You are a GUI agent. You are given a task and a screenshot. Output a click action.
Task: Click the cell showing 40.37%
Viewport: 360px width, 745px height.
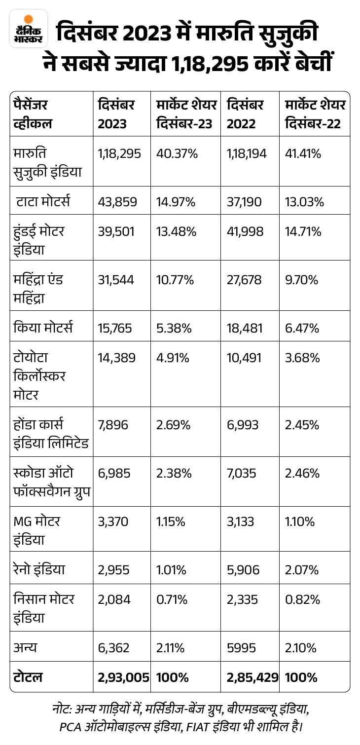point(177,154)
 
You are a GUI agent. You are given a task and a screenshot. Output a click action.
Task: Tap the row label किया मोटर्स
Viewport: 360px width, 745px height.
point(43,328)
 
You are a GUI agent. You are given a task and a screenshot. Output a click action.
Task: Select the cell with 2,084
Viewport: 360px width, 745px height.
point(115,600)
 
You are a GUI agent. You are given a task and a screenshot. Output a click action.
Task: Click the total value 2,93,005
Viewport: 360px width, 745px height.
point(124,677)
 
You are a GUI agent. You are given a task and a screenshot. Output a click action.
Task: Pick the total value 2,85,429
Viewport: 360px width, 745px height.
point(253,677)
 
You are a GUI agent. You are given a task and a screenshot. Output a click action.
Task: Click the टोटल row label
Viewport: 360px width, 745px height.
point(27,677)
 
